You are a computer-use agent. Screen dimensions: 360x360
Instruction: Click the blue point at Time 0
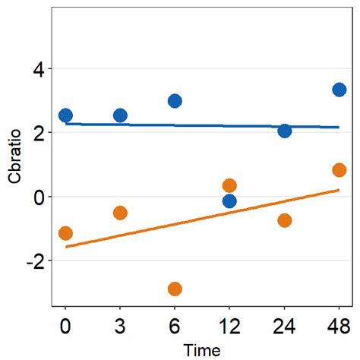[65, 115]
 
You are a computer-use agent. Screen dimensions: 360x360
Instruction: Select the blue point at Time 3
[120, 115]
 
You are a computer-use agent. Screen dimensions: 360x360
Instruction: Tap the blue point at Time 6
[175, 101]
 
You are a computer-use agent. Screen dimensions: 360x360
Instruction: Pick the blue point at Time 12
[229, 201]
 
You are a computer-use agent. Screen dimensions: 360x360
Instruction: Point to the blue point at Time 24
[285, 131]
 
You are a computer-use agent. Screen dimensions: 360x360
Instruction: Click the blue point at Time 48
[339, 90]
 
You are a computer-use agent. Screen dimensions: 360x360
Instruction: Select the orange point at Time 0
[65, 233]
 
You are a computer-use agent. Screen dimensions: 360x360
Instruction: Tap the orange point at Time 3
[120, 213]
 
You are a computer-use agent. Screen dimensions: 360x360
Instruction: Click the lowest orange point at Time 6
[175, 289]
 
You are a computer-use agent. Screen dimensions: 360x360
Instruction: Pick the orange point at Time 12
[229, 185]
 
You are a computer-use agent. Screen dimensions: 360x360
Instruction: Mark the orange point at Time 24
[285, 220]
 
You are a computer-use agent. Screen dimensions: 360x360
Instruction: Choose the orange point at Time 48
[339, 170]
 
